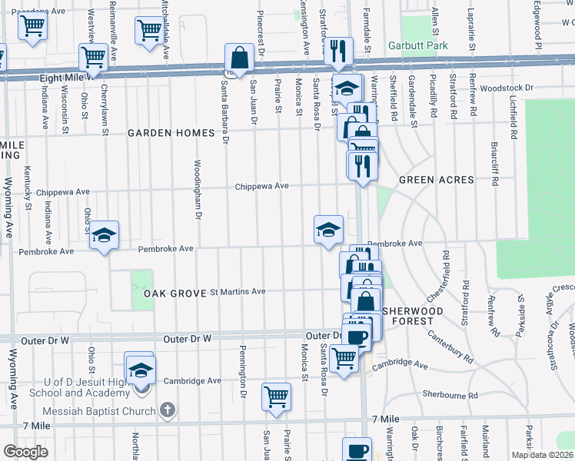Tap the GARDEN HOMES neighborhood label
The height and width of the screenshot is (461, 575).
(x=171, y=133)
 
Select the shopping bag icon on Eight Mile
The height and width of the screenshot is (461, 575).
(x=239, y=58)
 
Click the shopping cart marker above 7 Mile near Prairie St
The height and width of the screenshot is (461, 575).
(x=276, y=397)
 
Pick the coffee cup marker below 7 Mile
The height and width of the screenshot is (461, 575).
(x=356, y=451)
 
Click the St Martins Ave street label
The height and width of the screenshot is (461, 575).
(x=238, y=291)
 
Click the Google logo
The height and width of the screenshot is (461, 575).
(x=26, y=452)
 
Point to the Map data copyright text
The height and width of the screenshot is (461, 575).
(x=541, y=455)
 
